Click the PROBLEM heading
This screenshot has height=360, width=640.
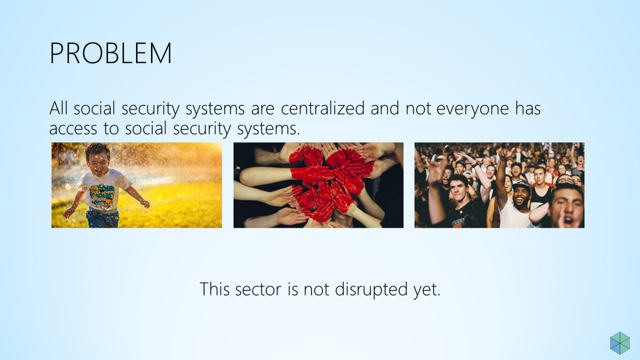pos(110,53)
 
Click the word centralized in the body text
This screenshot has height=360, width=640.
pos(323,108)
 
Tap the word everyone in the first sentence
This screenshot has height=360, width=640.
pos(473,109)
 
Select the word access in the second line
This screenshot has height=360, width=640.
pos(73,129)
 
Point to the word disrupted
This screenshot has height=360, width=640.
pos(371,289)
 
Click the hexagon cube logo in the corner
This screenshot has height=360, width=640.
pos(620,343)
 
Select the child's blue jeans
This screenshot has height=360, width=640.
pos(102,219)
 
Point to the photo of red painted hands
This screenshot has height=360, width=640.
pos(318,185)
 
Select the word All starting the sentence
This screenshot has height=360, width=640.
pos(59,108)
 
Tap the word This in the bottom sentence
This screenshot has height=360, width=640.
pos(214,289)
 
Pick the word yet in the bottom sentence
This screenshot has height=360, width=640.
pos(427,290)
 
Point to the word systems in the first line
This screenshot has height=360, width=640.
pos(215,109)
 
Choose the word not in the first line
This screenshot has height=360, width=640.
pos(418,109)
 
